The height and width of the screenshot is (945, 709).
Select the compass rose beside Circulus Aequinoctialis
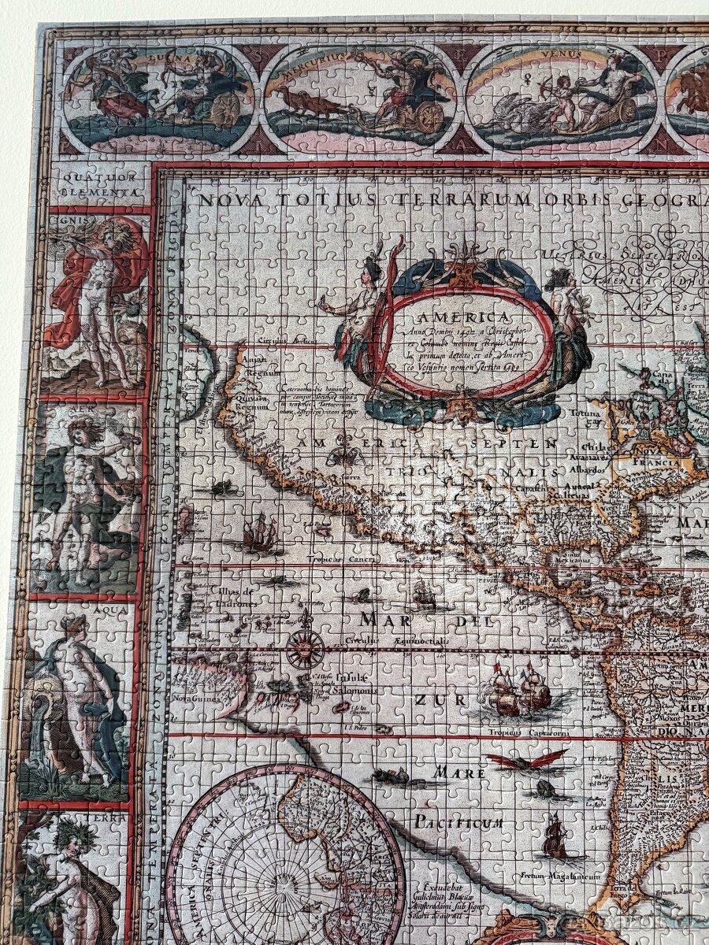coord(305,649)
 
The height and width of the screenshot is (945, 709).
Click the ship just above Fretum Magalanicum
coord(555,838)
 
